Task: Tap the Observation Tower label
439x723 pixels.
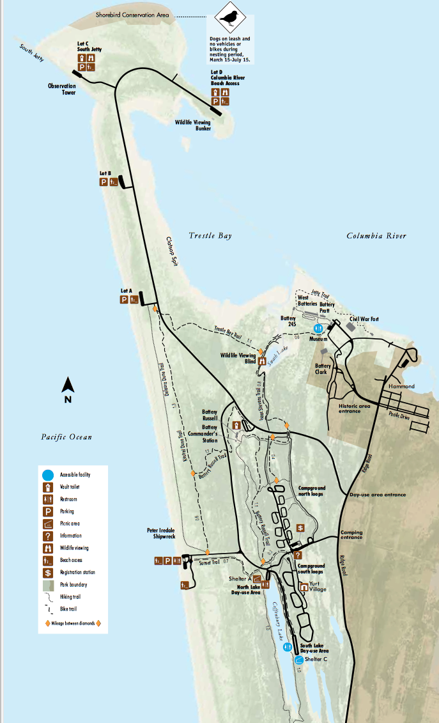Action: [61, 89]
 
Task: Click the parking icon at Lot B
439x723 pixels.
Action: [104, 182]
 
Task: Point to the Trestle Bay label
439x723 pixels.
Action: [210, 236]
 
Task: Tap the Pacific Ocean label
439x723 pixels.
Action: [66, 437]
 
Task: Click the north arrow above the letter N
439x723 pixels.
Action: [68, 385]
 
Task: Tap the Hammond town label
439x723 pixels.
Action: [401, 386]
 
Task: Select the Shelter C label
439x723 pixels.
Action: [316, 660]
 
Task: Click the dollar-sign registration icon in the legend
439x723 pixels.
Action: [47, 572]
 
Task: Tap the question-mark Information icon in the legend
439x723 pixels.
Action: [47, 536]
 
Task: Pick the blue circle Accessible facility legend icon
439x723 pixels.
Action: [47, 475]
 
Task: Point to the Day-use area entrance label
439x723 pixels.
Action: [377, 494]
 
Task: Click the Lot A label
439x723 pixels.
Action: [126, 291]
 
